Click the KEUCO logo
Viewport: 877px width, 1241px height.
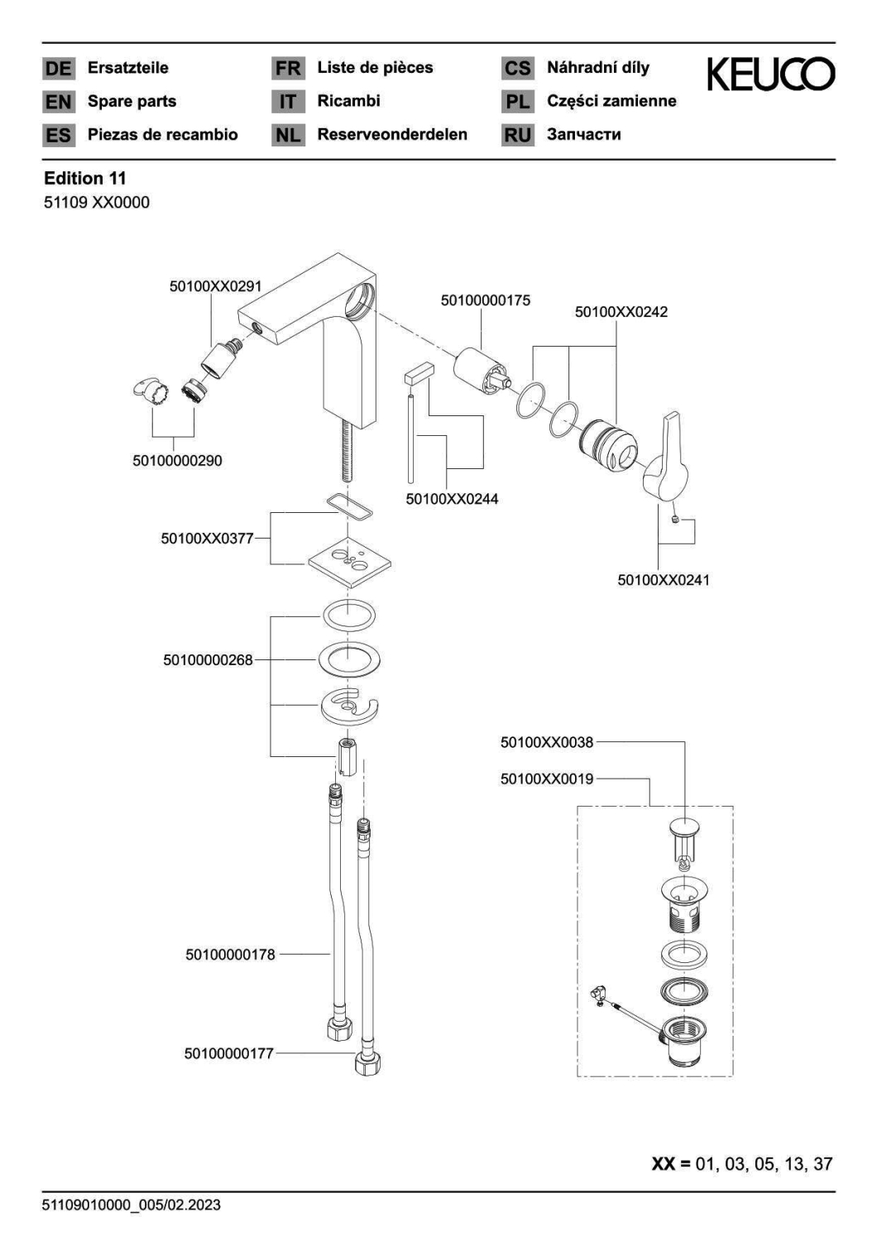click(770, 74)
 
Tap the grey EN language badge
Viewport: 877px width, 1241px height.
click(58, 102)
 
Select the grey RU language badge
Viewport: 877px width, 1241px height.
click(517, 135)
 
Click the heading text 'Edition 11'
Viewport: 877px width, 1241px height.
click(84, 179)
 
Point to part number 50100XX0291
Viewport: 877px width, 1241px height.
click(215, 286)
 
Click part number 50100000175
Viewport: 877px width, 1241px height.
click(486, 301)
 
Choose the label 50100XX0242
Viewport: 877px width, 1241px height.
click(621, 312)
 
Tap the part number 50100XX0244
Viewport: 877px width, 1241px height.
click(452, 499)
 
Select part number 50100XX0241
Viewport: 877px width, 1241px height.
click(664, 580)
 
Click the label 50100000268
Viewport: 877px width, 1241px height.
click(208, 660)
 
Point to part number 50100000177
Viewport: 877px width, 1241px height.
click(229, 1053)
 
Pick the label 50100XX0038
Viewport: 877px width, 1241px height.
click(547, 742)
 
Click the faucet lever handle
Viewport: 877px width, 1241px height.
click(667, 455)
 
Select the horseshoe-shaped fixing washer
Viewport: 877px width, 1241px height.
click(350, 707)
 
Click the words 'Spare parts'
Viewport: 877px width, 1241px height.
click(132, 102)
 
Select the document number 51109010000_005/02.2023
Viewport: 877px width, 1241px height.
click(132, 1205)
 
